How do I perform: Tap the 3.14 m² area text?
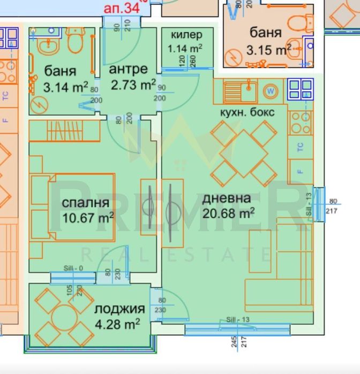(60, 86)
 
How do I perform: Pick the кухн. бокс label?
(247, 112)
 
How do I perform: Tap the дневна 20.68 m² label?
(227, 205)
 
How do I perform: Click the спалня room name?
(86, 203)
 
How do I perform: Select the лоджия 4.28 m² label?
(118, 316)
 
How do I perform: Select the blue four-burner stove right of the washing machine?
(300, 89)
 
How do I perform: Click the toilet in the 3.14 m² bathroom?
(74, 41)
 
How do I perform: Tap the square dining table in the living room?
(243, 153)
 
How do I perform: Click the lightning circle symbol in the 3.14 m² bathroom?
(39, 104)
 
